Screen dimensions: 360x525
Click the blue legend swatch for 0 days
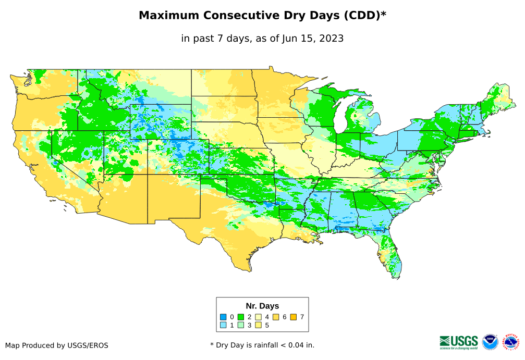[x=223, y=317]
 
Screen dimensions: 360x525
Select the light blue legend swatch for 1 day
[x=223, y=325]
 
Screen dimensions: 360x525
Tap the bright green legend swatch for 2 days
[x=241, y=317]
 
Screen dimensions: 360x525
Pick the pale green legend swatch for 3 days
[x=241, y=325]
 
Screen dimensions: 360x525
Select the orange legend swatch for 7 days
[x=294, y=317]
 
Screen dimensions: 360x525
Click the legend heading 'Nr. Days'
[x=262, y=306]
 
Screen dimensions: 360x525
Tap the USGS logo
[x=459, y=342]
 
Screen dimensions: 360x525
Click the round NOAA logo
[x=490, y=342]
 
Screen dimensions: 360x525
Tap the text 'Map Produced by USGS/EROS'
[x=57, y=345]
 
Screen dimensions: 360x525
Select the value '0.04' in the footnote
[x=292, y=345]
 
